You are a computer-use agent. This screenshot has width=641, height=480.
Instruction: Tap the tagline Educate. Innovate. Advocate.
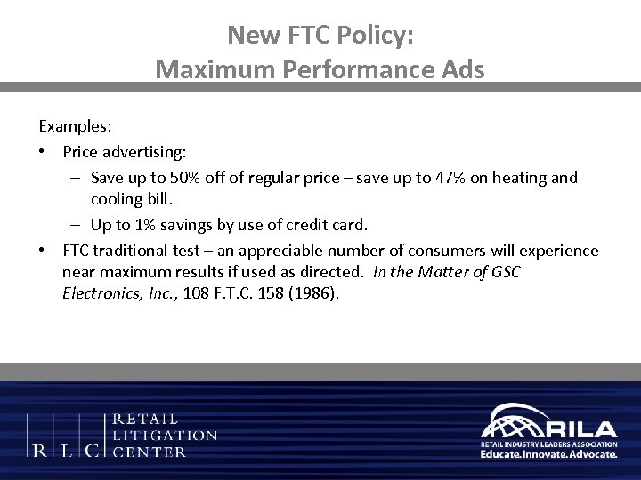(548, 453)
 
